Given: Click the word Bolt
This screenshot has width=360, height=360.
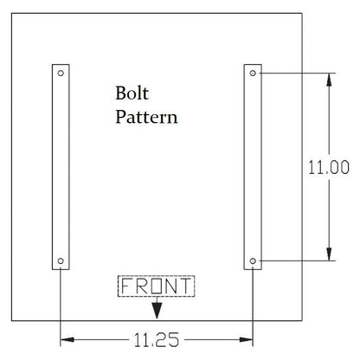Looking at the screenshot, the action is (x=132, y=93).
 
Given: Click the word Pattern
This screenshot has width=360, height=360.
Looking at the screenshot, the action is (x=146, y=117).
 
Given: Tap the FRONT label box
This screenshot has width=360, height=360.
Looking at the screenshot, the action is (x=157, y=286).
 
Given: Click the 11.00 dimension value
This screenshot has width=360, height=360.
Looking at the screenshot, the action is (x=329, y=167).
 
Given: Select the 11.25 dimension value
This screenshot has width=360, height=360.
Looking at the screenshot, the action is (x=157, y=339).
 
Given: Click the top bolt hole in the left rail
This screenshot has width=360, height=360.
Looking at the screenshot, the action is (x=61, y=74).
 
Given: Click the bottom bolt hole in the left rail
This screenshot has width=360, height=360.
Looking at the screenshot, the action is (x=61, y=261).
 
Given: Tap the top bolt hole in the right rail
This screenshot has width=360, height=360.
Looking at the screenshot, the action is (x=253, y=74).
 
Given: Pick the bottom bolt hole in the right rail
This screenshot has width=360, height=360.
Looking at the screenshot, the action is (x=253, y=261).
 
